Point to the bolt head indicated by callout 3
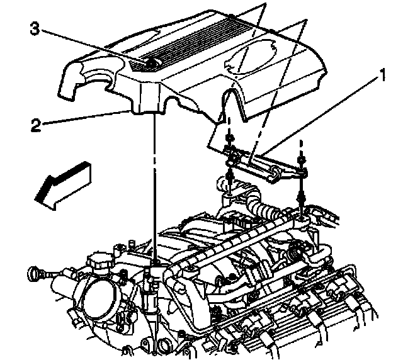[151, 63]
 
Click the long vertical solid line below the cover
[153, 189]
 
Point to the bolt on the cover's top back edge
[232, 16]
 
